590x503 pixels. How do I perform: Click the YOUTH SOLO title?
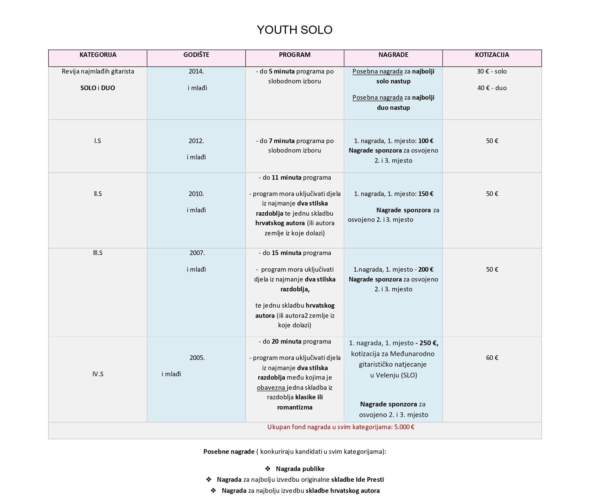click(x=294, y=30)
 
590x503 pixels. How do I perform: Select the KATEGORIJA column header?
click(x=98, y=55)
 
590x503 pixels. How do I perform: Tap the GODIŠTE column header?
click(x=196, y=55)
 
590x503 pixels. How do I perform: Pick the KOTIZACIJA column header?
click(x=492, y=55)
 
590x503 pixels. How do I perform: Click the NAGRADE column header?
click(x=393, y=55)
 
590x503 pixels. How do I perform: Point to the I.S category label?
click(x=98, y=141)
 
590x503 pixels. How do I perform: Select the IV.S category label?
click(x=98, y=374)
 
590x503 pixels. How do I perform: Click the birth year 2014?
click(x=196, y=71)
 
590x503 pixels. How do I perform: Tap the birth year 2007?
click(x=197, y=253)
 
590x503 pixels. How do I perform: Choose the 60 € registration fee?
click(x=492, y=358)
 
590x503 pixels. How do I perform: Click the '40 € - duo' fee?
click(x=492, y=88)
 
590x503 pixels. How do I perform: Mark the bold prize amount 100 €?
click(x=426, y=141)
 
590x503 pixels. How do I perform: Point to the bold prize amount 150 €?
click(x=426, y=194)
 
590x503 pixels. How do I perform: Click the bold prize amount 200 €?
click(x=426, y=269)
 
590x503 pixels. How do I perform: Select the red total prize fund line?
click(x=341, y=427)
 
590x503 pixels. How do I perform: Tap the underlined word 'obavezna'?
click(x=271, y=388)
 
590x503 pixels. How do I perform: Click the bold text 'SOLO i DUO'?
click(x=98, y=88)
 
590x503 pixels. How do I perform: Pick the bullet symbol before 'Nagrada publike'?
click(x=268, y=469)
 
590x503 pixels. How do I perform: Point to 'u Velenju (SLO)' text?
click(x=393, y=375)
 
